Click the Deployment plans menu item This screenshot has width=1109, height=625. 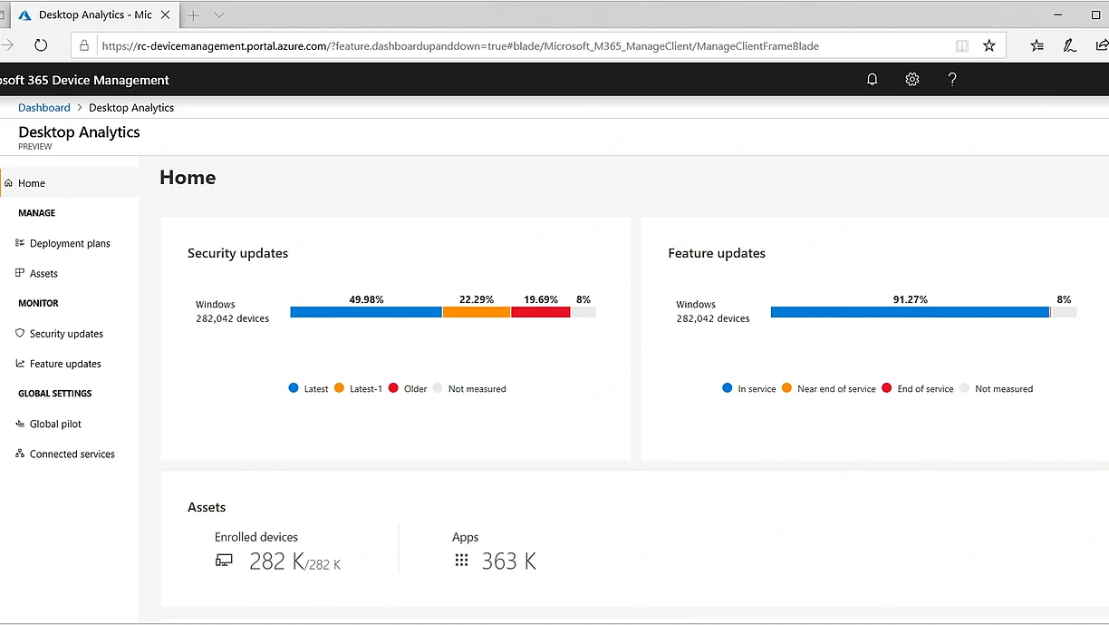[x=70, y=243]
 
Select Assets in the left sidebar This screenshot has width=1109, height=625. [x=43, y=273]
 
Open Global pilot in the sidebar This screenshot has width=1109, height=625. [x=55, y=424]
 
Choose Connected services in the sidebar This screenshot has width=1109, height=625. [x=72, y=454]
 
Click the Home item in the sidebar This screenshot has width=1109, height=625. [x=32, y=183]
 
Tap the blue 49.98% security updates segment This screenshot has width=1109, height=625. [x=366, y=312]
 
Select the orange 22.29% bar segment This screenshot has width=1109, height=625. [x=477, y=312]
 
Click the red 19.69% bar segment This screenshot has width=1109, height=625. [x=541, y=312]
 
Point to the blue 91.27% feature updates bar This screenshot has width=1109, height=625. [x=910, y=312]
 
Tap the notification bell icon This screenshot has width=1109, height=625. [x=873, y=80]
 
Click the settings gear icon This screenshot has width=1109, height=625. [x=912, y=80]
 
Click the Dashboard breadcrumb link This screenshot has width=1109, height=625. [x=44, y=108]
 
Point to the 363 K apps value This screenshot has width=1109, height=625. [x=508, y=562]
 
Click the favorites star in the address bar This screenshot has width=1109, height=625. [x=989, y=45]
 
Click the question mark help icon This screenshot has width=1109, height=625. [x=952, y=80]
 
